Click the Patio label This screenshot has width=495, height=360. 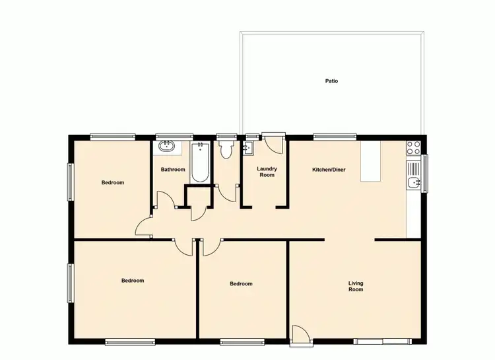(x=331, y=81)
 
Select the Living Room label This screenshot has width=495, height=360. (x=356, y=287)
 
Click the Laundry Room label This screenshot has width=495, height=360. (x=267, y=172)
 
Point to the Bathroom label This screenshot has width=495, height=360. (x=173, y=170)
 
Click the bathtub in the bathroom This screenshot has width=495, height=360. (x=201, y=164)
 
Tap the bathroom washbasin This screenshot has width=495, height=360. (x=165, y=145)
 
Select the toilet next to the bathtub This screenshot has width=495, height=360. (x=226, y=149)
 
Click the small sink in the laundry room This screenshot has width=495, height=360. (x=249, y=148)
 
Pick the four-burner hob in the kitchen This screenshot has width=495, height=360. (x=414, y=148)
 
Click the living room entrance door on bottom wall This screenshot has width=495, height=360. (x=300, y=336)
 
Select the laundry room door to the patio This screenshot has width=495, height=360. (x=273, y=143)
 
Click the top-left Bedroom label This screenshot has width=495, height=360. (x=113, y=182)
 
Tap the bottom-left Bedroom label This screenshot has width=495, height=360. (x=133, y=281)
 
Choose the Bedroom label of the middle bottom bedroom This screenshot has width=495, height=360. (x=241, y=284)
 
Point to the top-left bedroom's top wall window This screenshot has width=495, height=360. (x=113, y=137)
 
